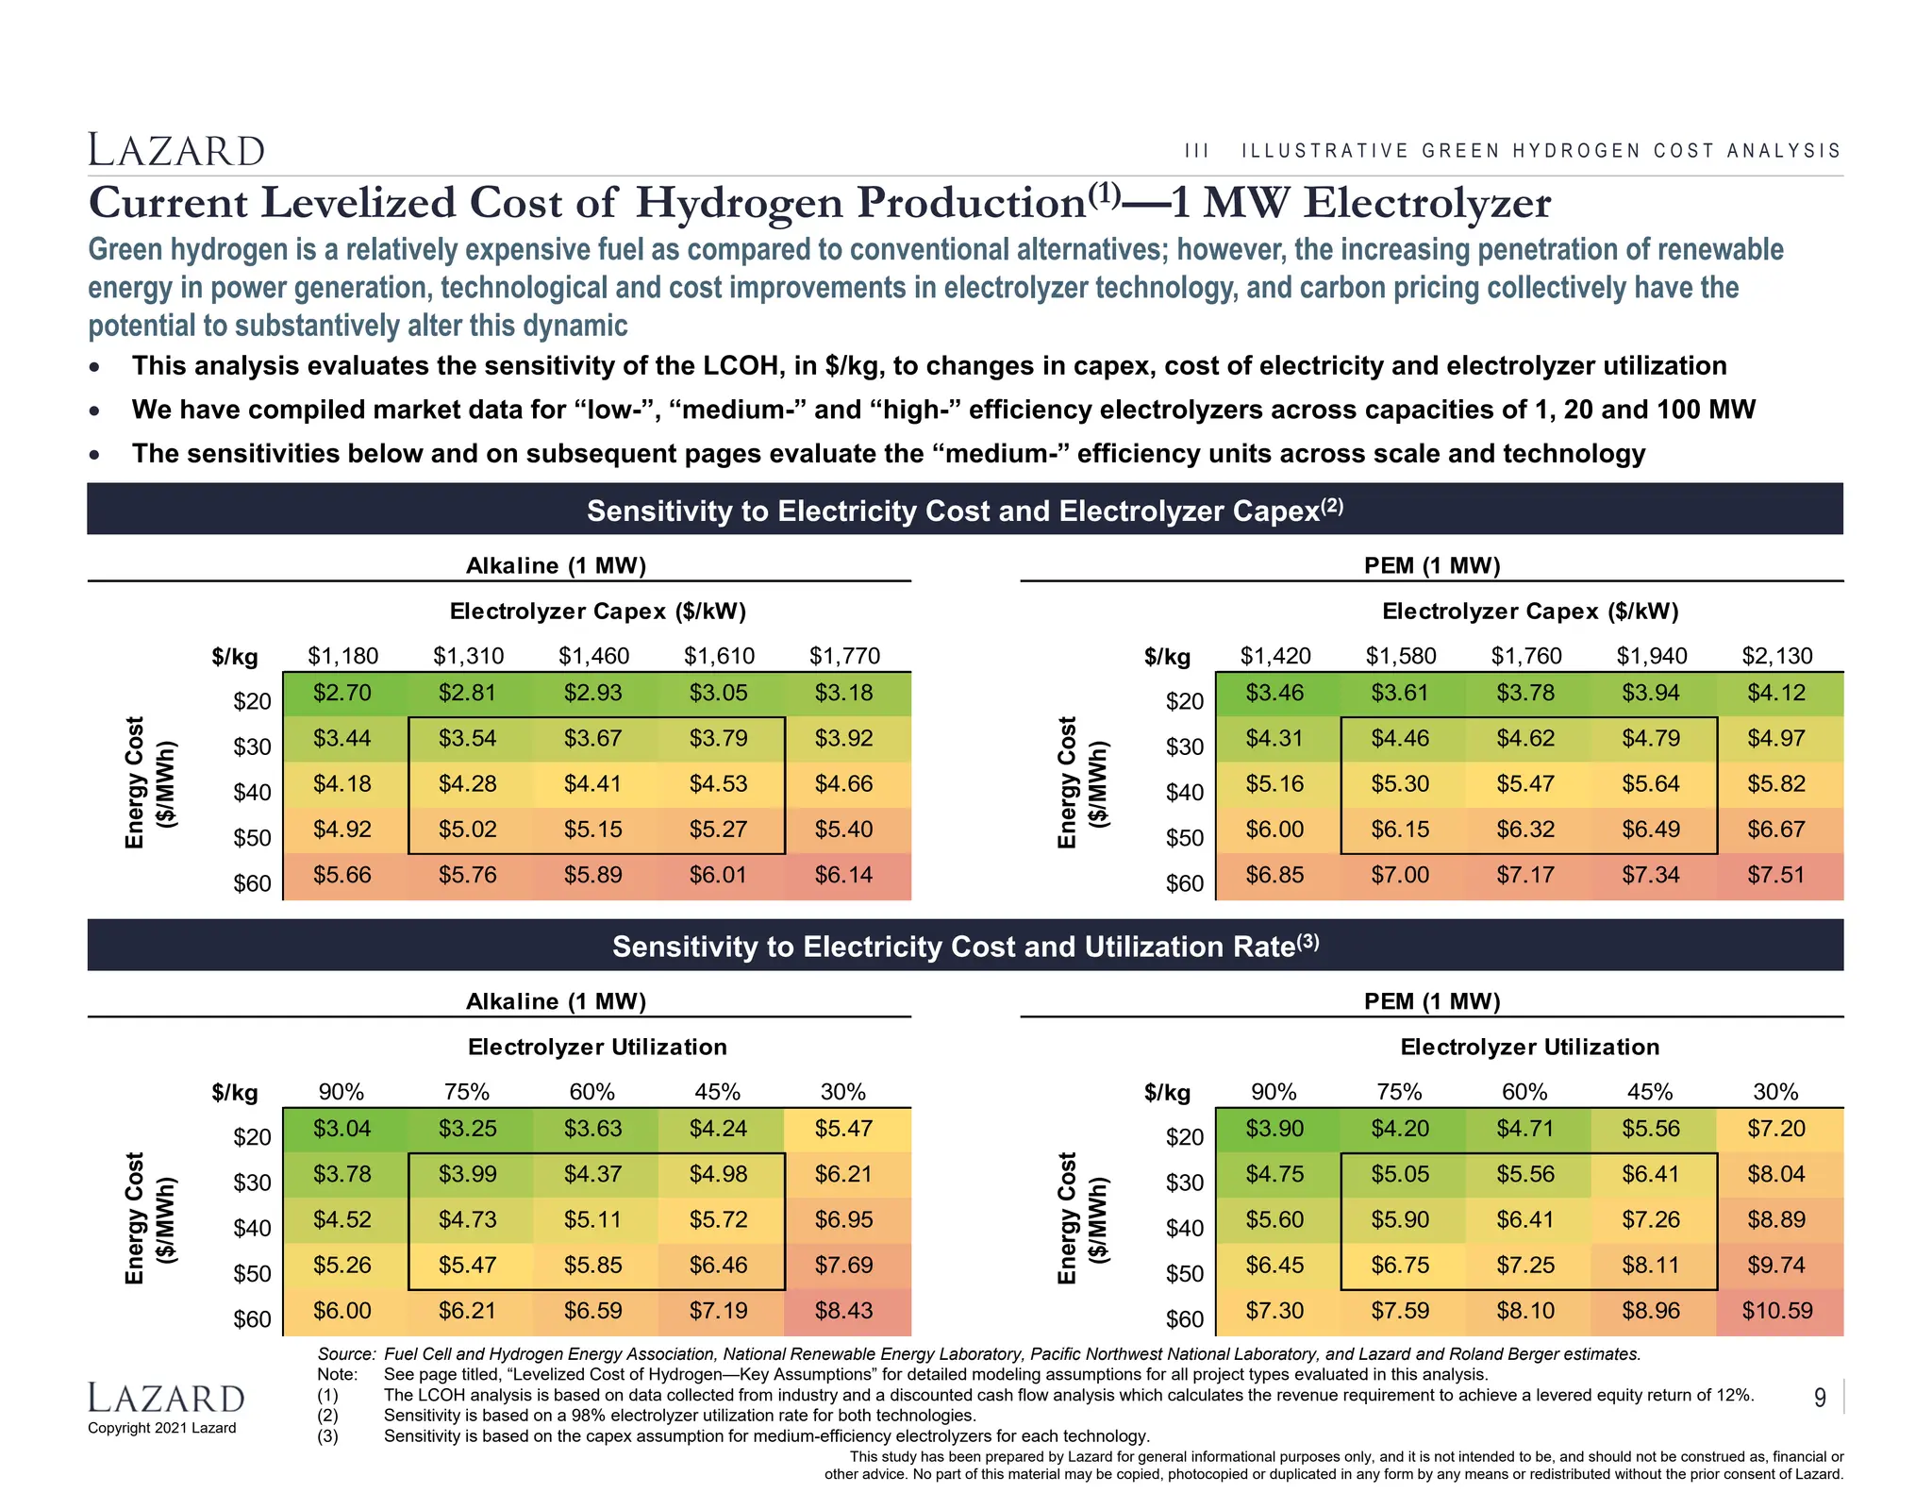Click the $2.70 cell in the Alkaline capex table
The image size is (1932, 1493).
[341, 694]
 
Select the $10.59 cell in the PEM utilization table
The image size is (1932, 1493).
[1776, 1311]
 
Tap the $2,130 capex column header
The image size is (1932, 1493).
[1776, 656]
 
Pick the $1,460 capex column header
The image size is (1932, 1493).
[593, 656]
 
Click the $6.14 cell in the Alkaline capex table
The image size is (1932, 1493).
[843, 876]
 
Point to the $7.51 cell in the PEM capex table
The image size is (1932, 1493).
[1776, 876]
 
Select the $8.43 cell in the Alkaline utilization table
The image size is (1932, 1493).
[843, 1311]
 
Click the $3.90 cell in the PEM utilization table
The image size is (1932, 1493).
[1274, 1129]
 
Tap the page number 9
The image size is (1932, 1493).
[1820, 1398]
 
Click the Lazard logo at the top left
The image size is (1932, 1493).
[176, 151]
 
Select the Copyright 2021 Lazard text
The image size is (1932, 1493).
[161, 1428]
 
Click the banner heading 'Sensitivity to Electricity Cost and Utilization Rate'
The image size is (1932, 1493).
[964, 946]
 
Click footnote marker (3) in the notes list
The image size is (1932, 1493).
[327, 1436]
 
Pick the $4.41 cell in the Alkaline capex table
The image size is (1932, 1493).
[593, 784]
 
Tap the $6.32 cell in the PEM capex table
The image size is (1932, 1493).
[1524, 830]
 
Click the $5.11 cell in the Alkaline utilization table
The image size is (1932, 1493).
[593, 1220]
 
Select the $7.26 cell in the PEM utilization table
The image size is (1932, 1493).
[1650, 1220]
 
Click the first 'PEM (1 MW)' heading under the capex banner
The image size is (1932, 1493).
[1431, 565]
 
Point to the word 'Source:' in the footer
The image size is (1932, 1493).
[346, 1354]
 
